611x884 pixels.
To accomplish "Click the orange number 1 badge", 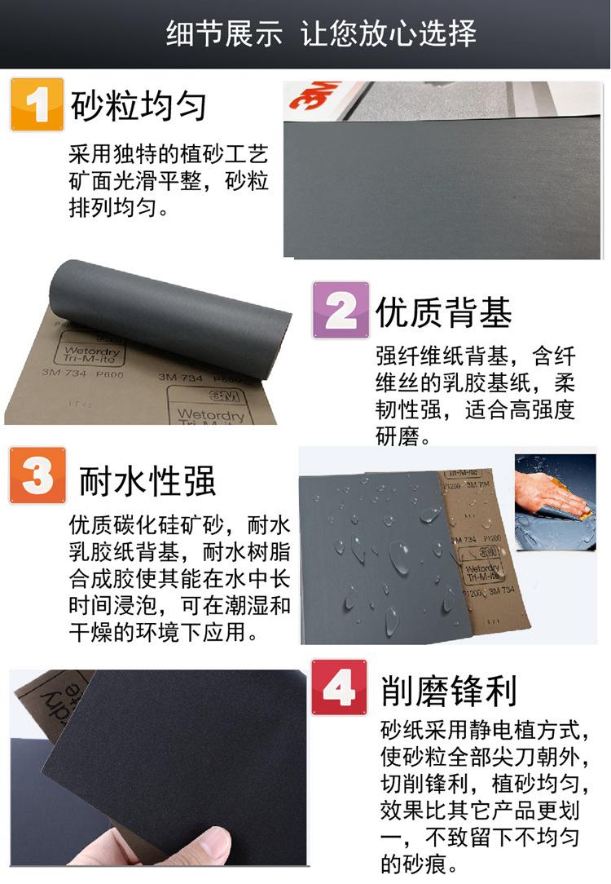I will [x=37, y=104].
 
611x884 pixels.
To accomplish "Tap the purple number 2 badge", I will [x=341, y=310].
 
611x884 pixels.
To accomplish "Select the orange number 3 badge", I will [x=37, y=475].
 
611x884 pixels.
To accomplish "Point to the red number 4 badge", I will [x=340, y=689].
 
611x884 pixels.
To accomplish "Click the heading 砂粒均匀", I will [x=138, y=106].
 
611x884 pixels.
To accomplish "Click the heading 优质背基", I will [x=444, y=312].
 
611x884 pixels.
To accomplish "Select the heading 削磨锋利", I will [x=449, y=692].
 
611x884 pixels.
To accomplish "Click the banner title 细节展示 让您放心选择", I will [x=321, y=34].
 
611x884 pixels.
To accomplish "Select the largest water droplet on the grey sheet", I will [x=400, y=556].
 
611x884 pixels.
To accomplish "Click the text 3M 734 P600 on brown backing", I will [x=82, y=373].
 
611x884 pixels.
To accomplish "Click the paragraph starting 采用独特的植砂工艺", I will [x=168, y=181].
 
